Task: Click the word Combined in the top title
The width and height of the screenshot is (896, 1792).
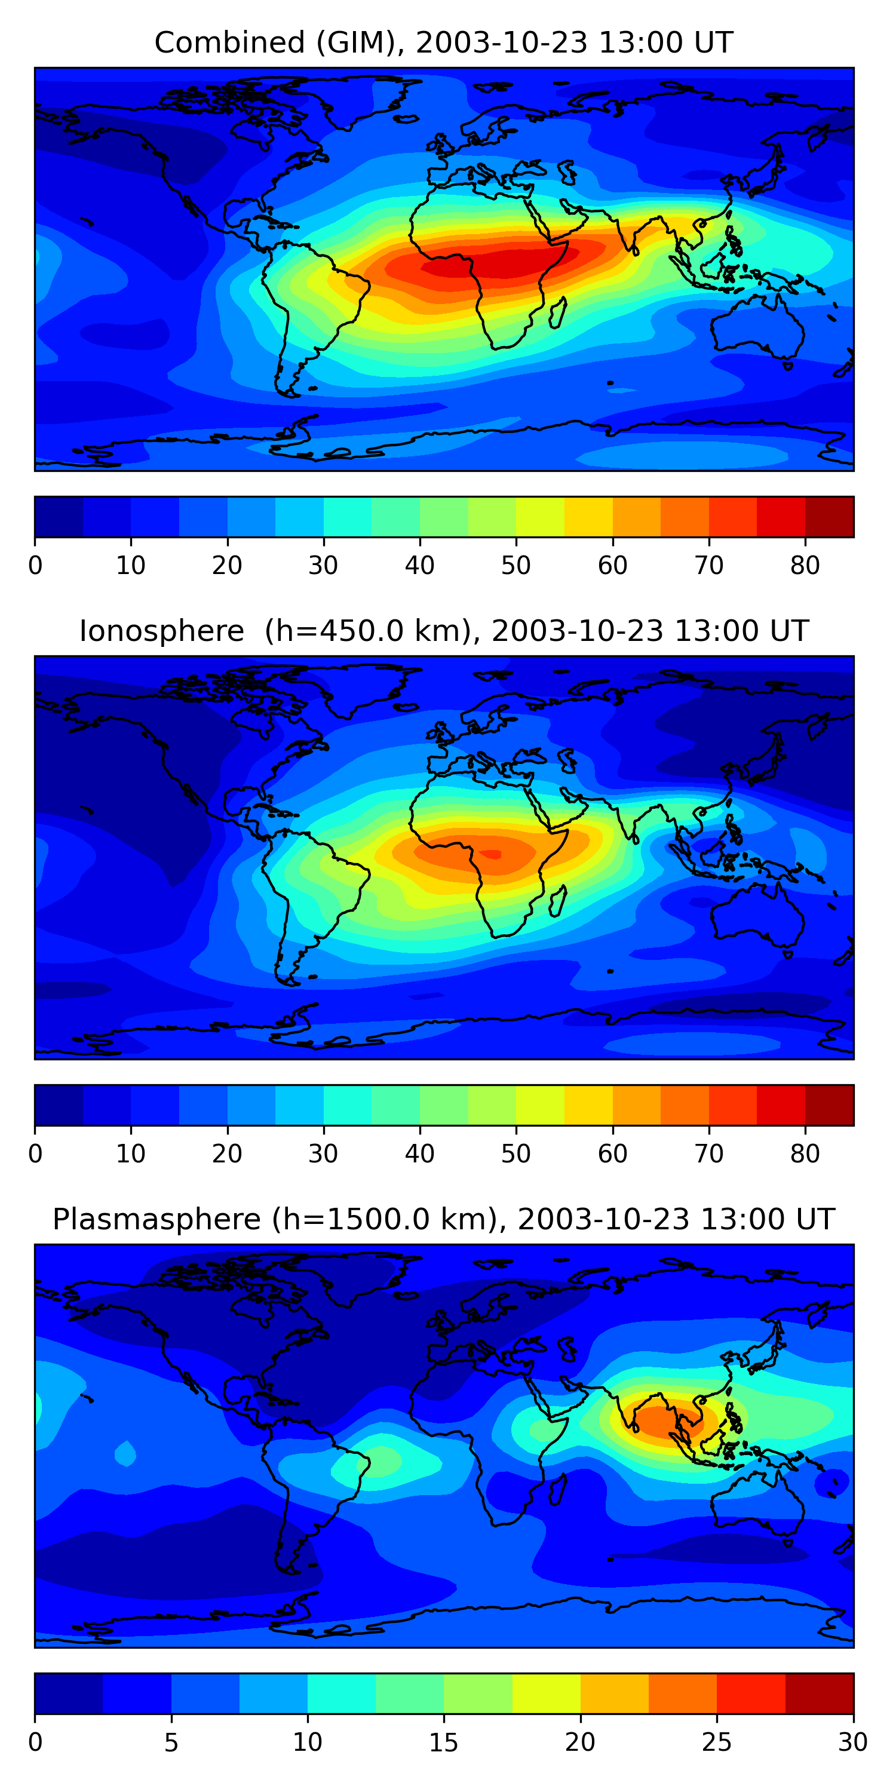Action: tap(229, 43)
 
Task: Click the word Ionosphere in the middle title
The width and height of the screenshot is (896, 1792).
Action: tap(161, 631)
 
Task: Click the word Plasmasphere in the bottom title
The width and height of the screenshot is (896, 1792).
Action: tap(156, 1220)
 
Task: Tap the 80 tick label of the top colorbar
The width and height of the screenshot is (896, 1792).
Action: tap(805, 566)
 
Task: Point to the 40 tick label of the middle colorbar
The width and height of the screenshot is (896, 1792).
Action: tap(419, 1153)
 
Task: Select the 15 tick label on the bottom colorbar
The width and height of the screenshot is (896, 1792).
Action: tap(444, 1742)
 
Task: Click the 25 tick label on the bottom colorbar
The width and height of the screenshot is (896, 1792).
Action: tap(717, 1742)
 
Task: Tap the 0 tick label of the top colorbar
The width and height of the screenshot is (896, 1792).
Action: tap(35, 566)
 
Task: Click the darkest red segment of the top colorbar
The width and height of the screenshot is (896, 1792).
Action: tap(829, 517)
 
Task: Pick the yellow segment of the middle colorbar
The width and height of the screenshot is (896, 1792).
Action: tap(540, 1104)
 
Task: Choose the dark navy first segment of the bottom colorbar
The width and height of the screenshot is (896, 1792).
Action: tap(69, 1693)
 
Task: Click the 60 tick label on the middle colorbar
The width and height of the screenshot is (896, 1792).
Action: tap(612, 1153)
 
